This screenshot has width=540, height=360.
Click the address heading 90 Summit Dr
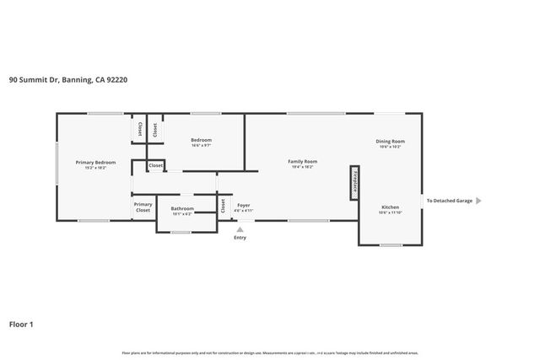[x=67, y=80]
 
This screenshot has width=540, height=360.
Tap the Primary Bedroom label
[x=95, y=162]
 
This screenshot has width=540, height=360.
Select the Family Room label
[x=302, y=161]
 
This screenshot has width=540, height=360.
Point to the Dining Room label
[x=390, y=141]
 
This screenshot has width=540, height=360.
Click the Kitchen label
[x=390, y=207]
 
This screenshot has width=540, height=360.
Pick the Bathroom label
[x=182, y=208]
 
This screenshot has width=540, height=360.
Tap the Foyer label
[x=243, y=205]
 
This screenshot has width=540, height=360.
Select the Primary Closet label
[x=143, y=207]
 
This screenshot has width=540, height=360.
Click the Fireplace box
[x=354, y=181]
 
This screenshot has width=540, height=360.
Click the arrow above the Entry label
[x=240, y=228]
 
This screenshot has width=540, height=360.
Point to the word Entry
[x=240, y=238]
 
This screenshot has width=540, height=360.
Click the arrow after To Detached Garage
[x=478, y=201]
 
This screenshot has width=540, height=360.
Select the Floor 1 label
[x=21, y=323]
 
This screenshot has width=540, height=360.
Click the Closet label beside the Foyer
[x=223, y=205]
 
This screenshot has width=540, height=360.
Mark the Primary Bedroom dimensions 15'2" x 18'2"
[x=95, y=168]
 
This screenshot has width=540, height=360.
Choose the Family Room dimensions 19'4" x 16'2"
[x=302, y=167]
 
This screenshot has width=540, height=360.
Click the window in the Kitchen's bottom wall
[x=390, y=245]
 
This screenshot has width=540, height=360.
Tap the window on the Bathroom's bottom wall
[x=180, y=232]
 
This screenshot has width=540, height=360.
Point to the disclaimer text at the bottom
[x=270, y=352]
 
